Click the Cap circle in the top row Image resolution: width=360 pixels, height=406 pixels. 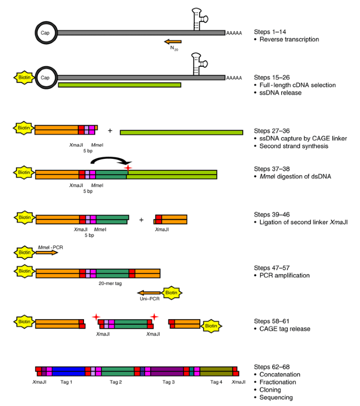click(x=46, y=32)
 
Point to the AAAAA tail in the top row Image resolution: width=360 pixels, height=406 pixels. click(x=234, y=33)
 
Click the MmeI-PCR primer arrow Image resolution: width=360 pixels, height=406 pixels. click(x=46, y=252)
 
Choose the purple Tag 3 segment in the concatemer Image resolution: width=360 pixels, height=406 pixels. click(x=167, y=370)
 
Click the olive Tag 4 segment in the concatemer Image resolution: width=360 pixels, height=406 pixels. click(x=216, y=370)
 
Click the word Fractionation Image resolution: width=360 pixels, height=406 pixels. click(x=280, y=382)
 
